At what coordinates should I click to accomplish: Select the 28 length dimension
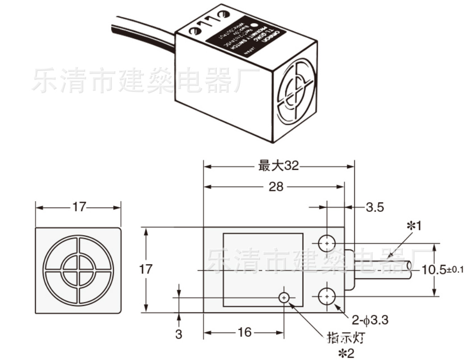click(276, 186)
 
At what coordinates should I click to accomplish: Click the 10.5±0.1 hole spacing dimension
click(442, 269)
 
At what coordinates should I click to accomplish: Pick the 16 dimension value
click(245, 332)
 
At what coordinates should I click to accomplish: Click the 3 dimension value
click(178, 334)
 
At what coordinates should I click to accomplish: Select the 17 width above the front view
click(79, 207)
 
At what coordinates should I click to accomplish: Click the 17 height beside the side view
click(146, 269)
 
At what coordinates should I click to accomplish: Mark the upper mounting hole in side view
click(327, 243)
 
